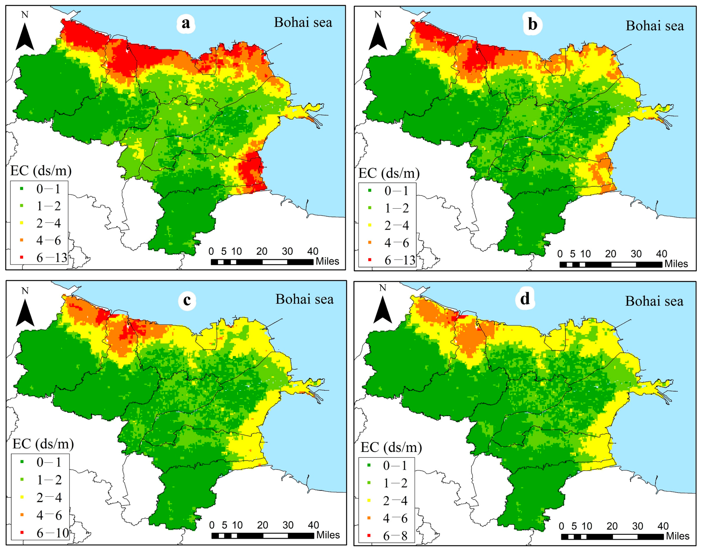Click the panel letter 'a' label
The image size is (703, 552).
coord(186,23)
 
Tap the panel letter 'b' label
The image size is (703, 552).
coord(532,25)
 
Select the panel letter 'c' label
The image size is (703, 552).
coord(187,300)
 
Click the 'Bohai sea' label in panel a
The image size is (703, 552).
coord(303,23)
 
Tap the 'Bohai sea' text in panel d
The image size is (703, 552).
coord(654,301)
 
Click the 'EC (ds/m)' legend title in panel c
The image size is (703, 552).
coord(43,444)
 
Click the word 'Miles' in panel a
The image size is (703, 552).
coord(327,261)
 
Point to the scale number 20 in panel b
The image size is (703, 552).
coord(610,254)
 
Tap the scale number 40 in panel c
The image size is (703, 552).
coord(313,525)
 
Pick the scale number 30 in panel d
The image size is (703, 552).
coord(638,526)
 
